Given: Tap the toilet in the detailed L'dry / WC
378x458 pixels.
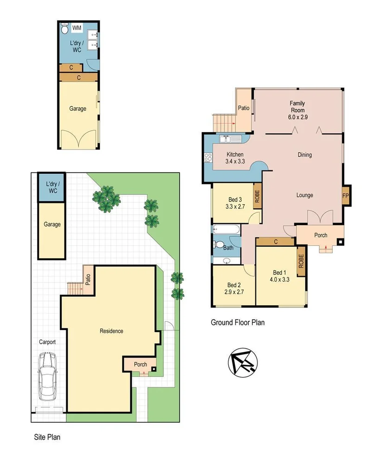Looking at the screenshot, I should pos(65,29).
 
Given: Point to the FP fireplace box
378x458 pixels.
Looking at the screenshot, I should pos(346,195).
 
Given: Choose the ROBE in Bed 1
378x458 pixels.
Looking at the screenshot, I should pos(301,262).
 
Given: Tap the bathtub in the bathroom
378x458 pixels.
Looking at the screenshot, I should pos(226,229).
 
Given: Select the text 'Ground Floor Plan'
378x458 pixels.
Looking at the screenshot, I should pos(237,322).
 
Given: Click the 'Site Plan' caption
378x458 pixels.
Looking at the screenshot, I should pos(47,437).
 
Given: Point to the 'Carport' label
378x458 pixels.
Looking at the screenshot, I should pos(47,342).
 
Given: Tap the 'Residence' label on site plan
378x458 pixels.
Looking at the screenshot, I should pos(111,331).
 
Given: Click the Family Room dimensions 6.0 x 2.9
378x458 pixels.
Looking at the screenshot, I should pos(297,117).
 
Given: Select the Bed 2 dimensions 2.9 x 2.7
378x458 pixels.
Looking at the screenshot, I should pos(234,293).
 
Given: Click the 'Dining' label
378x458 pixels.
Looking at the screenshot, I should pos(304,155).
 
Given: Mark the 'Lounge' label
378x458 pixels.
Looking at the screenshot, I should pos(304,195).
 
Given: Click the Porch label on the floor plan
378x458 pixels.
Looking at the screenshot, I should pos(320,235).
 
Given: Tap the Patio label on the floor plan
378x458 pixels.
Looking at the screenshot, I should pos(243,108).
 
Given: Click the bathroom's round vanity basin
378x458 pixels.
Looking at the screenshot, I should pos(226,261).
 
